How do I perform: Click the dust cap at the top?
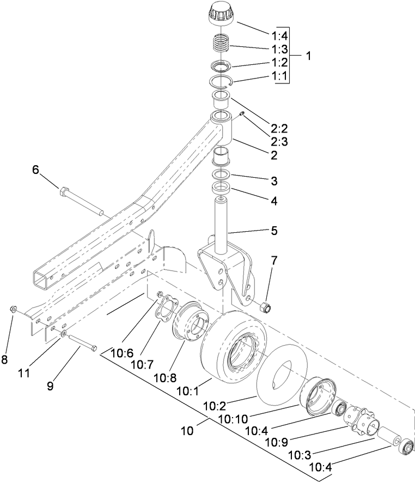click(222, 13)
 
